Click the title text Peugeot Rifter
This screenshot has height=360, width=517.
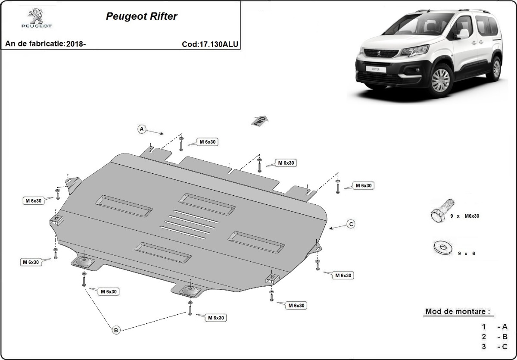coord(141,16)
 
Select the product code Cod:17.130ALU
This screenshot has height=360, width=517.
coord(210,44)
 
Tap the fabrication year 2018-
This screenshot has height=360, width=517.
coord(76,44)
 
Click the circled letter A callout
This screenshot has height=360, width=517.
coord(141,128)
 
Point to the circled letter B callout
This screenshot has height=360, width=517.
coord(115,330)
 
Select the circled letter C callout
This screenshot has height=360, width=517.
coord(351,224)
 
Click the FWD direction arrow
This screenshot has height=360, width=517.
coord(260,120)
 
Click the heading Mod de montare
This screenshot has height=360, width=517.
coord(458,311)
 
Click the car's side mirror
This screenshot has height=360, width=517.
coord(463,34)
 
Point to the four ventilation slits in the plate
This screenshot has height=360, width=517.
coord(189,224)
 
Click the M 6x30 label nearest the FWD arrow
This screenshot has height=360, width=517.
coord(286,163)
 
